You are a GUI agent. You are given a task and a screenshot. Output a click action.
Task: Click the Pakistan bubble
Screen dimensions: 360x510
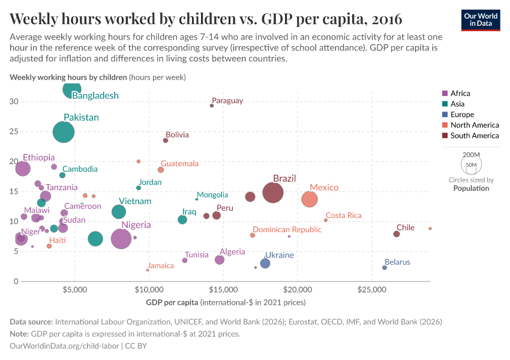[64, 131]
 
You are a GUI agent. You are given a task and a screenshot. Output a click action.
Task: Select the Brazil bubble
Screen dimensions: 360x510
[273, 193]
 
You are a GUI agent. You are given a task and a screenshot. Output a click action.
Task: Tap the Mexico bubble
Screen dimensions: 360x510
[310, 199]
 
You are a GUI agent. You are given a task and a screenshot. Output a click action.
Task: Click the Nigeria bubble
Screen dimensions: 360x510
[121, 239]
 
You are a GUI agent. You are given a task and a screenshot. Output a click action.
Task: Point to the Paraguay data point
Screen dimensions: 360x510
[212, 106]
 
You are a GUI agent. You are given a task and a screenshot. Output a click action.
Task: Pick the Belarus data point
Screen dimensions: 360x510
[385, 268]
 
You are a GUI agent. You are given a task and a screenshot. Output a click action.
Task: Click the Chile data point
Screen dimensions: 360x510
[397, 234]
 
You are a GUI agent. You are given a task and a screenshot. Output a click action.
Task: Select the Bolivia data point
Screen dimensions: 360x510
[166, 140]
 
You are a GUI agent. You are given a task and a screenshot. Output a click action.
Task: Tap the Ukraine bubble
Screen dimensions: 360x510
[265, 263]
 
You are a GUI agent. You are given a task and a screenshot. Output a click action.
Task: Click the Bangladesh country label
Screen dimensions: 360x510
[95, 95]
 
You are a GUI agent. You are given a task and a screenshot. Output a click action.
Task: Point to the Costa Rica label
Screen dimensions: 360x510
[343, 215]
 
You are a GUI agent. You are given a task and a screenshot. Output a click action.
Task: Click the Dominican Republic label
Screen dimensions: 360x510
[287, 229]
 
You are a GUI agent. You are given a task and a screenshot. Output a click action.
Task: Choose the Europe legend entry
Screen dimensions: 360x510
[461, 115]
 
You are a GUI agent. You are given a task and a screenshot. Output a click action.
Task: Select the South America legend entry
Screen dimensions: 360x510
[474, 136]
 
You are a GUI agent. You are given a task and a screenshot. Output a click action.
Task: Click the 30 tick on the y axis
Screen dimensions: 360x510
[13, 101]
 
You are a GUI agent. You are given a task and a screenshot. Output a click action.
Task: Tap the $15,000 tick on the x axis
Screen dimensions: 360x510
[223, 289]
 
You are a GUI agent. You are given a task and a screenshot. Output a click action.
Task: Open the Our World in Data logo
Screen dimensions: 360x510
[480, 19]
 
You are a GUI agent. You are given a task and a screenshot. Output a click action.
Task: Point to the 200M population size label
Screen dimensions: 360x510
[471, 155]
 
